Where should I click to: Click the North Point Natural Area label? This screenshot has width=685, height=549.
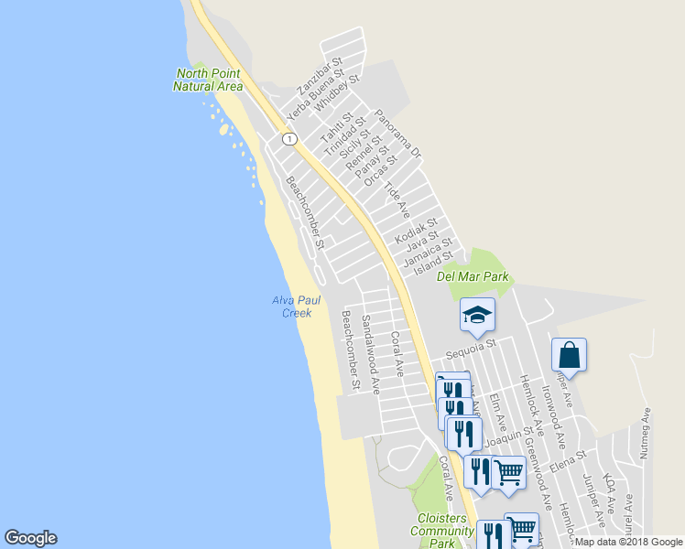[208, 80]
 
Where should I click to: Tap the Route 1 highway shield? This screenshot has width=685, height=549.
[289, 138]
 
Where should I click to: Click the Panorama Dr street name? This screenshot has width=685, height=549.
[397, 133]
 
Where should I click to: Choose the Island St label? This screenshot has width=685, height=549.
[433, 262]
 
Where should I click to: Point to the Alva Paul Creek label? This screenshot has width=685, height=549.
[292, 307]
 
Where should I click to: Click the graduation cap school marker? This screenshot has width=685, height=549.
[477, 317]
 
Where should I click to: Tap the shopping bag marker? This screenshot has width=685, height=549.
[569, 357]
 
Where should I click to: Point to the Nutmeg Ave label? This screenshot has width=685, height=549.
[645, 434]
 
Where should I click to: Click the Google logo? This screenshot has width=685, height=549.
[30, 538]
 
